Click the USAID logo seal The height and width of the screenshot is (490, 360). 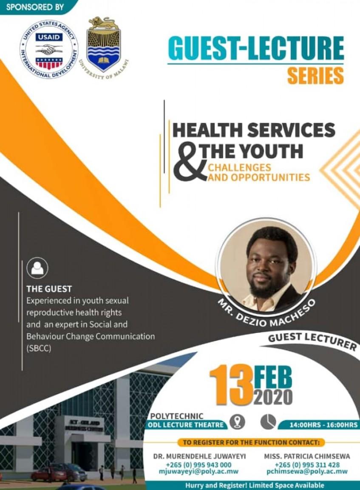(x=49, y=49)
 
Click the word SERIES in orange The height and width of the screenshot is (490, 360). (x=315, y=76)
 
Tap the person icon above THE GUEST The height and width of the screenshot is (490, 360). (x=37, y=268)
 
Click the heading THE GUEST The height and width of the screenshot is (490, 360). (x=49, y=289)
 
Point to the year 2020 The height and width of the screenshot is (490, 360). (x=273, y=396)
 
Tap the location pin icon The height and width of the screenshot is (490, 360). (x=237, y=422)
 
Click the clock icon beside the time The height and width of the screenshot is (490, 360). (x=268, y=422)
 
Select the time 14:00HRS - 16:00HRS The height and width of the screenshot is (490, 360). (x=323, y=424)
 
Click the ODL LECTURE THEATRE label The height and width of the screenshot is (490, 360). (x=186, y=424)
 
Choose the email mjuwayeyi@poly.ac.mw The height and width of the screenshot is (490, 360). (x=198, y=472)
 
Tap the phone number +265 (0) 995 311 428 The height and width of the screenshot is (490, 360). (x=307, y=465)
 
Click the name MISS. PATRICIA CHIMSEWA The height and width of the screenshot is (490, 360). (x=307, y=456)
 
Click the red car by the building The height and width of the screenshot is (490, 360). (x=43, y=474)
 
